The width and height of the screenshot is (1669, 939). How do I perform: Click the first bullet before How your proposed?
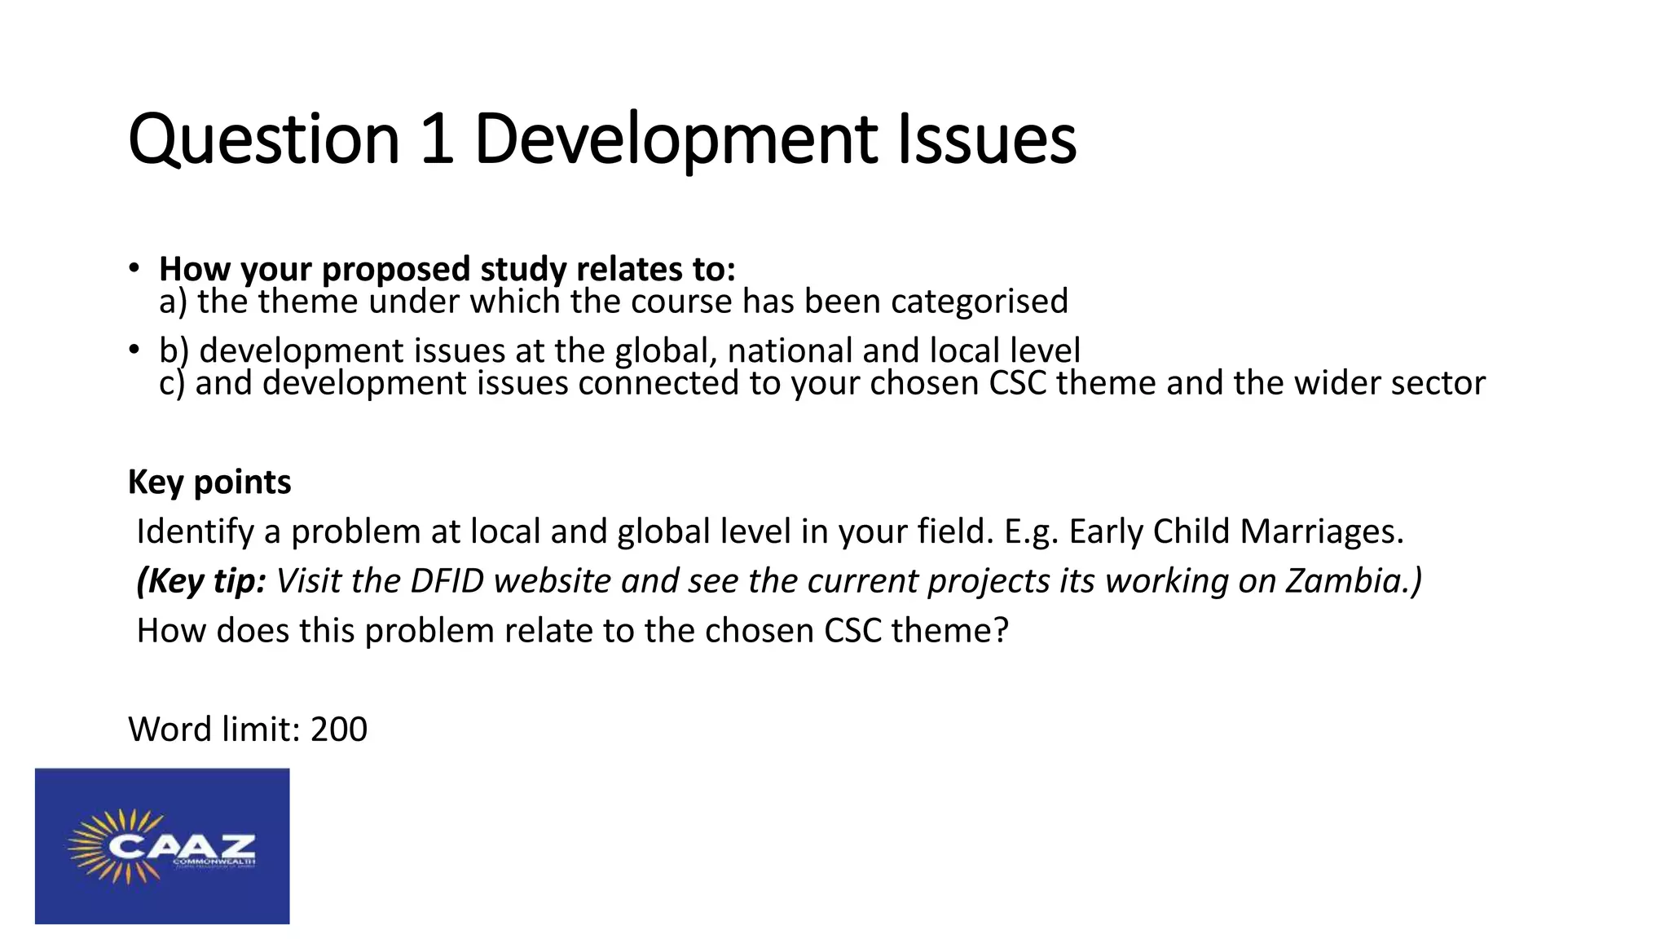(x=134, y=268)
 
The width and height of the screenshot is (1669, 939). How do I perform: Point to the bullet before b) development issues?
(x=134, y=350)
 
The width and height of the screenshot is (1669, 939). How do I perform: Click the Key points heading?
(x=209, y=482)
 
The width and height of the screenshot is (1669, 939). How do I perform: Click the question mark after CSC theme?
(x=1002, y=631)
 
